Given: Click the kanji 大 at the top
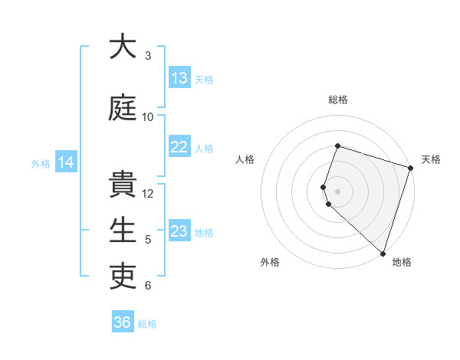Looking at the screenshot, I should pos(123,47).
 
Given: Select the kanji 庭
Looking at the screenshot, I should pos(123,108).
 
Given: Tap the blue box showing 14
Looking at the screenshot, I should pos(66,162).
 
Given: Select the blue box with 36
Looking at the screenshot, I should pos(122,322).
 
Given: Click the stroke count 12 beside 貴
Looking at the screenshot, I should pos(148,194).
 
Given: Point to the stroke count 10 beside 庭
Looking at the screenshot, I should pos(148,117).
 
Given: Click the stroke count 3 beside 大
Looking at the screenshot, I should pos(148,56).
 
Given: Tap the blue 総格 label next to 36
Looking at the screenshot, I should pos(147,324).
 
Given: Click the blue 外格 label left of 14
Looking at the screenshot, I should pos(41,163).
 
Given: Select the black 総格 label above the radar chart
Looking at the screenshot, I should pos(337,100).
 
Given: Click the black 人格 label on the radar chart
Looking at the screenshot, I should pos(245,159).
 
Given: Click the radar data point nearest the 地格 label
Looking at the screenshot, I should pos(383,253).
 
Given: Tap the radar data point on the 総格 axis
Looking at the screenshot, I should pos(337,146).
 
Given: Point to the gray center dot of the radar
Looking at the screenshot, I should pos(337,191).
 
